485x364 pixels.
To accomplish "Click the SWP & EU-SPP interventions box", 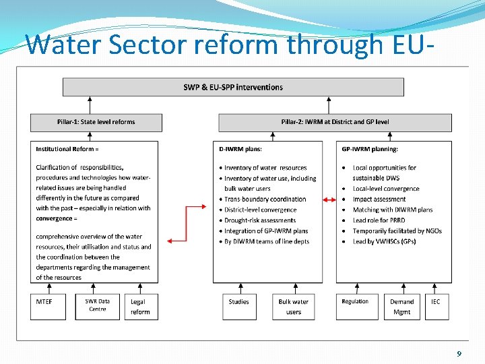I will (233, 87).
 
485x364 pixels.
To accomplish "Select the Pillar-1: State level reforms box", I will (96, 122).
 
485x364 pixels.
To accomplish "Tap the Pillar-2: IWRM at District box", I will (335, 122).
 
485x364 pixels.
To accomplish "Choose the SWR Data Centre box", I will (97, 306).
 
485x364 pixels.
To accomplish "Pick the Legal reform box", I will (141, 306).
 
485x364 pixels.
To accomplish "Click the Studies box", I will (239, 306).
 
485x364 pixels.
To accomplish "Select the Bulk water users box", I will (294, 306).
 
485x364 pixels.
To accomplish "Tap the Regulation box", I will (355, 306).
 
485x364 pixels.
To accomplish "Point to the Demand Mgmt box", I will (401, 306).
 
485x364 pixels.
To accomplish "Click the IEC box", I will (435, 306).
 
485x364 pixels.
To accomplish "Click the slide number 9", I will (459, 354).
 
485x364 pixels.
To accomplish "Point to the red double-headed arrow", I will (330, 200).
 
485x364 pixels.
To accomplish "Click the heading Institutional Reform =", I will (67, 148).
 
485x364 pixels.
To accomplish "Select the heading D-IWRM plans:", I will (243, 148).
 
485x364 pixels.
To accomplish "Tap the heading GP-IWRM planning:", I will (370, 148).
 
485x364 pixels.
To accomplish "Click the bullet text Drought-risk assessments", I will (260, 220).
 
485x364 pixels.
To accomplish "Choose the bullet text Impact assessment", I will (379, 200).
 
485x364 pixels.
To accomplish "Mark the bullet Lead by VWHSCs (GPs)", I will (384, 241).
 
